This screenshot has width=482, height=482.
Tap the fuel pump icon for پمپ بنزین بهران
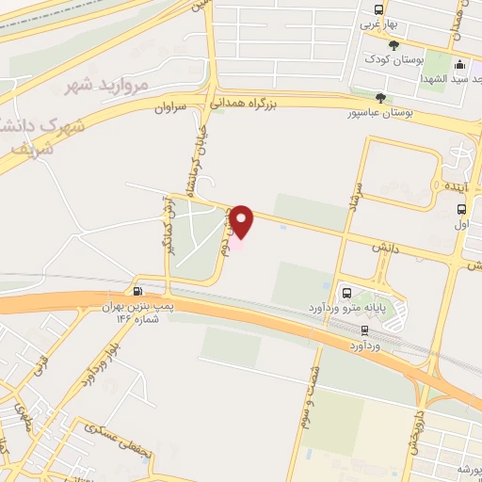[x=139, y=291]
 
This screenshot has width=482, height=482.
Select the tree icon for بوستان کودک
[x=394, y=45]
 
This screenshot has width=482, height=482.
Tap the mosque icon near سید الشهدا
[x=460, y=65]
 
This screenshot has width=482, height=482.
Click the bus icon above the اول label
[x=461, y=209]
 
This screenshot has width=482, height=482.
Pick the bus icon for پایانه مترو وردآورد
[x=346, y=293]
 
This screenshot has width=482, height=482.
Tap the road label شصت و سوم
[x=306, y=398]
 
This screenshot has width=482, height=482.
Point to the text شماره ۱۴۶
[x=136, y=319]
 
